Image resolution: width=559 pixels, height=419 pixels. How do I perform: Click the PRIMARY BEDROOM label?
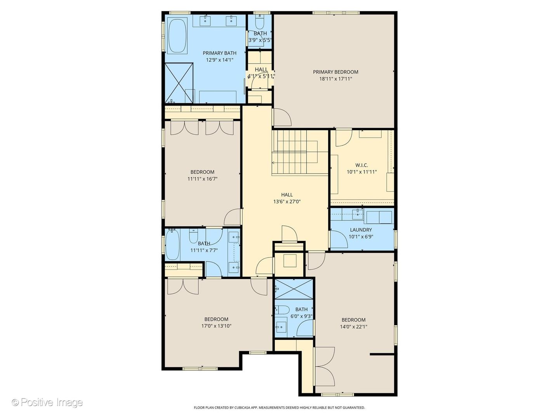point(335,72)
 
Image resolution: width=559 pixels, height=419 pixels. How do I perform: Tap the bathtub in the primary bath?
point(177,35)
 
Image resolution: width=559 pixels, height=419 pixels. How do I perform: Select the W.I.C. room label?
point(362,165)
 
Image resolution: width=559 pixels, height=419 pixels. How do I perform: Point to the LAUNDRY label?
point(361,230)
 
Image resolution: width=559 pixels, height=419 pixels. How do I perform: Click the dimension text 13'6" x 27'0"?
point(287,202)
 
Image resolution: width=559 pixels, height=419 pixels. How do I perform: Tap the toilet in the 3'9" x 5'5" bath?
point(260,23)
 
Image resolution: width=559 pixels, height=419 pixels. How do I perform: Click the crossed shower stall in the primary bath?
point(179,83)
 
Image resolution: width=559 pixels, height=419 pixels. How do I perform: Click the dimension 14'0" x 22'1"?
point(354,327)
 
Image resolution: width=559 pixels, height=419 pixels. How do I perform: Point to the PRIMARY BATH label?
point(220,53)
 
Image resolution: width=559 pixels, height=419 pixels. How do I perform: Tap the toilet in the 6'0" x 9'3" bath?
point(282,310)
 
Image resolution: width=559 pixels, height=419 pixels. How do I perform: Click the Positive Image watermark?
point(47,402)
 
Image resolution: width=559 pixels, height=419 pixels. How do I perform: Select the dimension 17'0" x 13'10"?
point(216,326)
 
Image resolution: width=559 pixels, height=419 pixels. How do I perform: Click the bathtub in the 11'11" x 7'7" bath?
point(172,244)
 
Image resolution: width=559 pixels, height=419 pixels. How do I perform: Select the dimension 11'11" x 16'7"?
point(203,179)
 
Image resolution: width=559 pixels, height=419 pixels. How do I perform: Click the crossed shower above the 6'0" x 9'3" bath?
point(294,289)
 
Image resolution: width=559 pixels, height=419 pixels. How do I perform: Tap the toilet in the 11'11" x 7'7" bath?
point(194,236)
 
